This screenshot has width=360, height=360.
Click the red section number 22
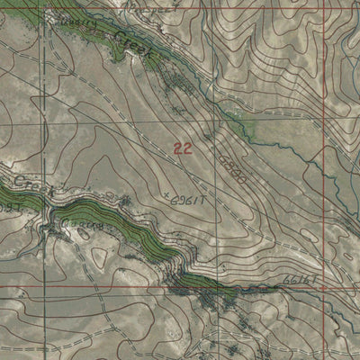pyautogui.click(x=182, y=148)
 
